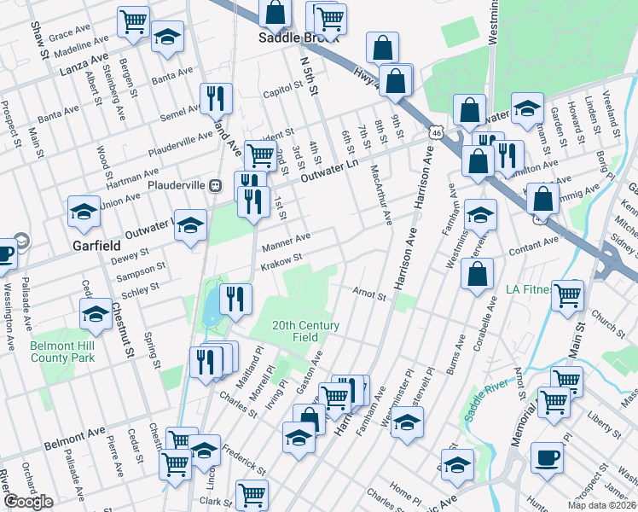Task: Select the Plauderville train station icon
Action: click(x=216, y=184)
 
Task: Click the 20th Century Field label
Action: click(x=306, y=331)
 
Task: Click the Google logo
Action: click(x=29, y=502)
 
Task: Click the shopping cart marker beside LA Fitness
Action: click(x=567, y=295)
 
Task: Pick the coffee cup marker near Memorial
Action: click(x=547, y=457)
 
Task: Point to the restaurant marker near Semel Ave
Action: click(x=216, y=98)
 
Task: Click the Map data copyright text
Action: click(x=601, y=505)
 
